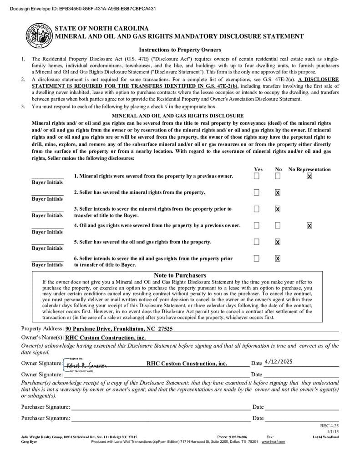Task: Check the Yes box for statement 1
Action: coord(257,176)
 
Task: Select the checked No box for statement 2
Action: coord(278,192)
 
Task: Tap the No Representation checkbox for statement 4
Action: coord(309,225)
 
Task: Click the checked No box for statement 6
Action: coord(278,258)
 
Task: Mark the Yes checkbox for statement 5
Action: coord(257,242)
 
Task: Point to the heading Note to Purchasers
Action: coord(180,275)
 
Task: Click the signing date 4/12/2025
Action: coord(278,362)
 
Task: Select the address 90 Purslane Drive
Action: coord(119,329)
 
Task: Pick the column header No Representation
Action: coord(309,169)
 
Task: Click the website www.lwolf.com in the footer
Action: coord(273,441)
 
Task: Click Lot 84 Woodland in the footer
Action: coord(325,437)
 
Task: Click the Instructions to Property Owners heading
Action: coord(180,50)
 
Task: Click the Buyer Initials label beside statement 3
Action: coord(47,215)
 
